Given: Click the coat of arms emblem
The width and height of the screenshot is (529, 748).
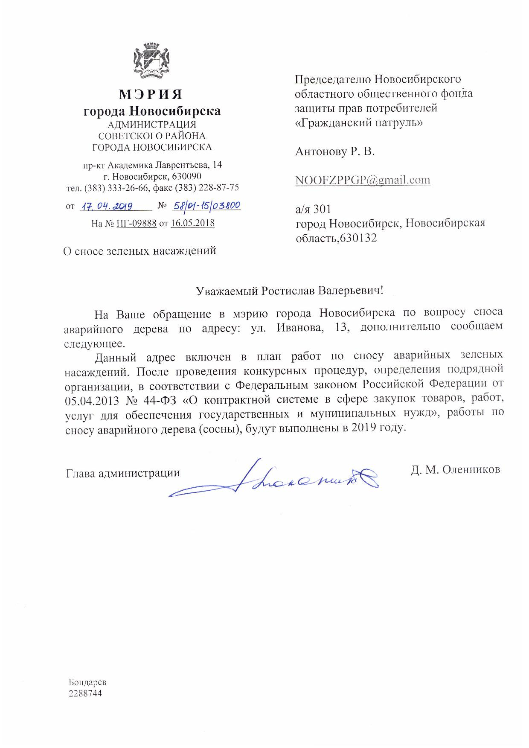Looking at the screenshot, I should (152, 61).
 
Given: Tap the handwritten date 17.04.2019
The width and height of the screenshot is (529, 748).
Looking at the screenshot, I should (108, 207).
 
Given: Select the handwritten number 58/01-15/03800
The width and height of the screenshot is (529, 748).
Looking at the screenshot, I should (206, 206).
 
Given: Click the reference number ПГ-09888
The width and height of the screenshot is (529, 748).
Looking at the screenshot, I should (137, 223).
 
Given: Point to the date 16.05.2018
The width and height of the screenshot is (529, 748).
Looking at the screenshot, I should (192, 223).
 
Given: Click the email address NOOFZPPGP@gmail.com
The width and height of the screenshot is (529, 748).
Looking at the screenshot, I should (363, 180).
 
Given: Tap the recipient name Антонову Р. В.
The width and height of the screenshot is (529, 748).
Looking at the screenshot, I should (335, 151).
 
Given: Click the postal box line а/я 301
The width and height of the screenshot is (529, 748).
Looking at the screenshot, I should (313, 209).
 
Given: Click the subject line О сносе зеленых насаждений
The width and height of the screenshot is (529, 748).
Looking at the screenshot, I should (140, 250).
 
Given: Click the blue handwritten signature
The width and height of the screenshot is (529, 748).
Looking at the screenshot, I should (273, 480).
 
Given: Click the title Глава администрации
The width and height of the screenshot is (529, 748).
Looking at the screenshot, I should (123, 473).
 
